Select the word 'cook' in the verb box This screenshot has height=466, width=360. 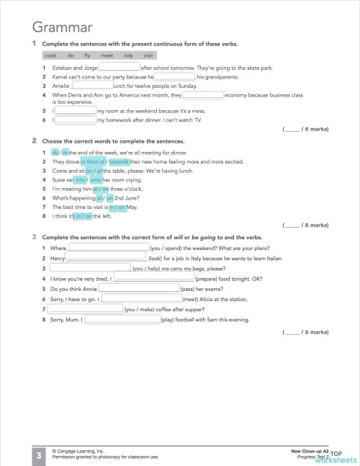[x=50, y=55]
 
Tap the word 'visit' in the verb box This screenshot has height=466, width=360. [x=148, y=55]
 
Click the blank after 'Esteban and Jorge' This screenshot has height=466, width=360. [x=119, y=68]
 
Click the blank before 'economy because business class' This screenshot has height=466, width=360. [x=202, y=94]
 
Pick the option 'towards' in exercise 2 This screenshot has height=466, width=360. [x=114, y=162]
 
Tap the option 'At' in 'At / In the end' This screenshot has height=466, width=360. [x=55, y=153]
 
